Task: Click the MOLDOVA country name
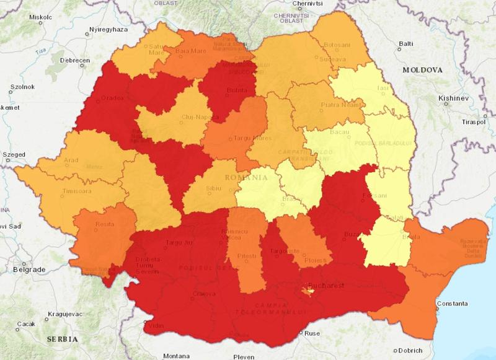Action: click(x=423, y=70)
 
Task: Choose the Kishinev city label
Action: click(x=452, y=98)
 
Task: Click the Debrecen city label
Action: click(x=76, y=60)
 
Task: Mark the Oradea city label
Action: click(x=113, y=97)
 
